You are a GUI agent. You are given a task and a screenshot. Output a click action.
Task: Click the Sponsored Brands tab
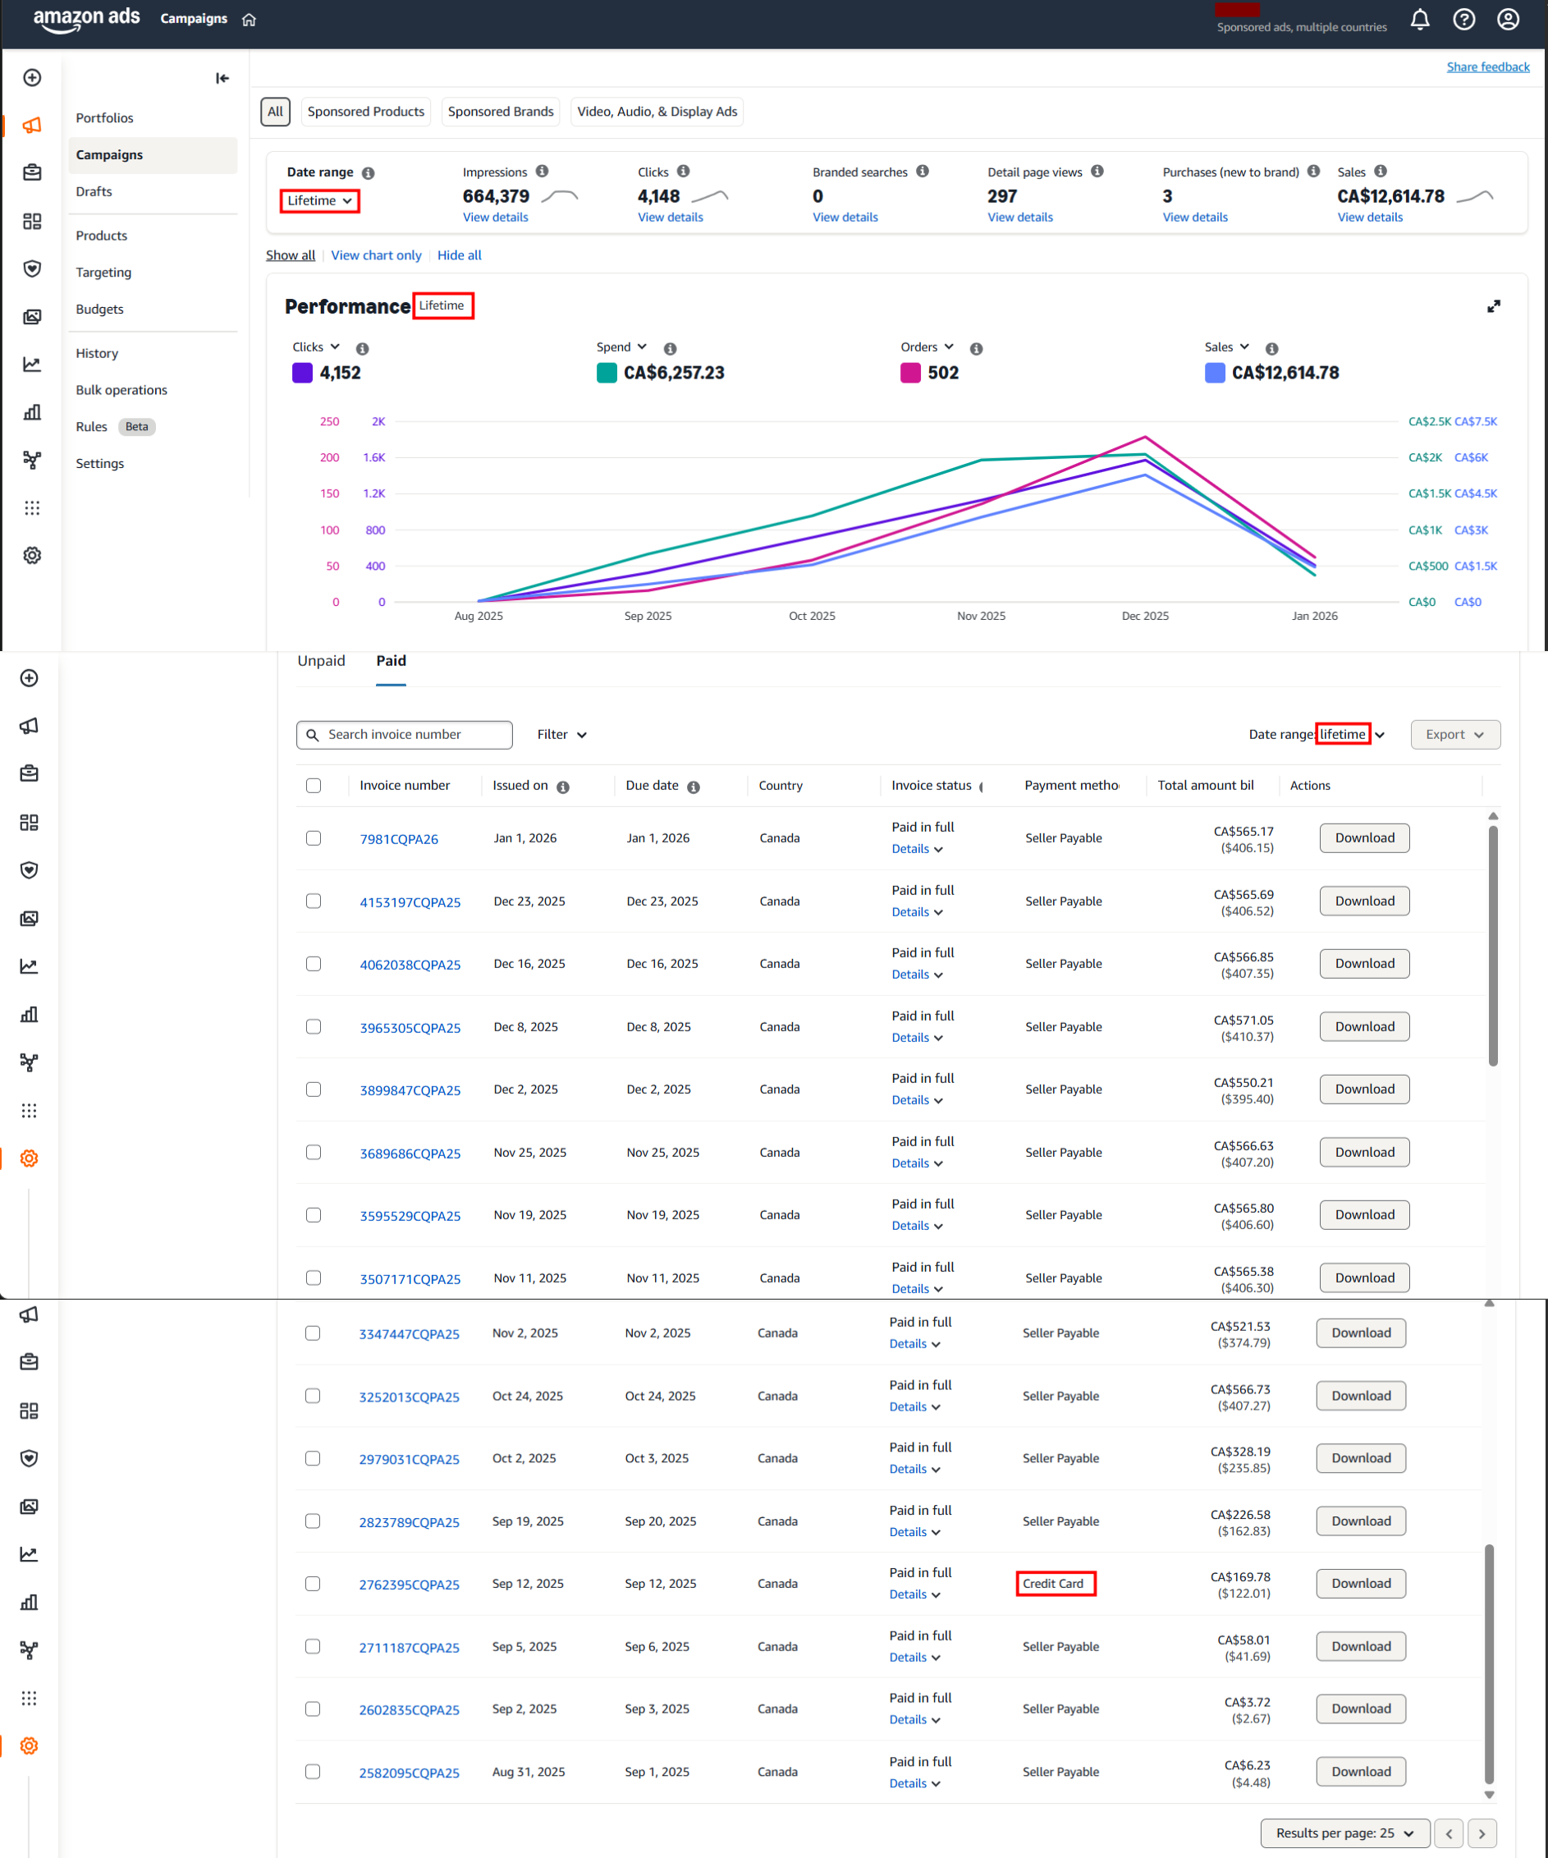(x=500, y=112)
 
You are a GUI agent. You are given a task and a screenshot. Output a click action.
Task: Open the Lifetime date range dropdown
(x=319, y=201)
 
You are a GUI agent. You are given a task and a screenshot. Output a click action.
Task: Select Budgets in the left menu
(x=99, y=309)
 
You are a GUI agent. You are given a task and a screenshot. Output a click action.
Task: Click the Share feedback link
(x=1487, y=67)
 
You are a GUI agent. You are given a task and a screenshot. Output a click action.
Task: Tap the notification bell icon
(x=1419, y=20)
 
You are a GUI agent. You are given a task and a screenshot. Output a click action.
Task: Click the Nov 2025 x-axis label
(x=980, y=616)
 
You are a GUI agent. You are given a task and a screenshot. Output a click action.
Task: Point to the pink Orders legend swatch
(x=910, y=373)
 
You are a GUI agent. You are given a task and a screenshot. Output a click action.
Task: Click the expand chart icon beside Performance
(x=1493, y=306)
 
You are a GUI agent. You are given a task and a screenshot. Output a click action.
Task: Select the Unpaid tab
(x=321, y=661)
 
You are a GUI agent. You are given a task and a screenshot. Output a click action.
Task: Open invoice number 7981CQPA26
(x=399, y=839)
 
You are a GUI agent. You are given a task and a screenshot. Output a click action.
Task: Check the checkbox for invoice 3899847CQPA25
(x=314, y=1090)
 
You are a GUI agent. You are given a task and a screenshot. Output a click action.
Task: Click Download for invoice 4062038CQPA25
(x=1364, y=964)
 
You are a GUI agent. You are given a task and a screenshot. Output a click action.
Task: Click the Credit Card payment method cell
(x=1055, y=1584)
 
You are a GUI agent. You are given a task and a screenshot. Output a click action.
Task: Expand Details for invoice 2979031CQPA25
(x=914, y=1470)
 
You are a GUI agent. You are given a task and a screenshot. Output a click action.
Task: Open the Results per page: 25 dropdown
(x=1344, y=1833)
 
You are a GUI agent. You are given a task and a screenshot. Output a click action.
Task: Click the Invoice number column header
(x=405, y=786)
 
